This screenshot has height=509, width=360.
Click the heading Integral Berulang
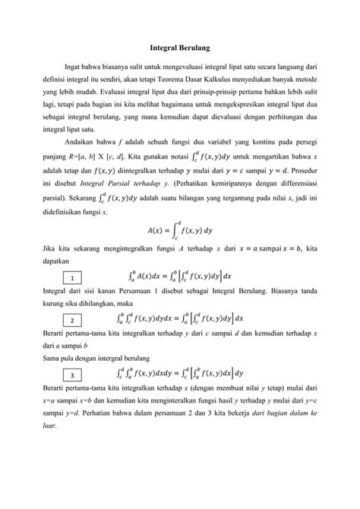pyautogui.click(x=180, y=47)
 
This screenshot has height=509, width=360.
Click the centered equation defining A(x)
pyautogui.click(x=180, y=252)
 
